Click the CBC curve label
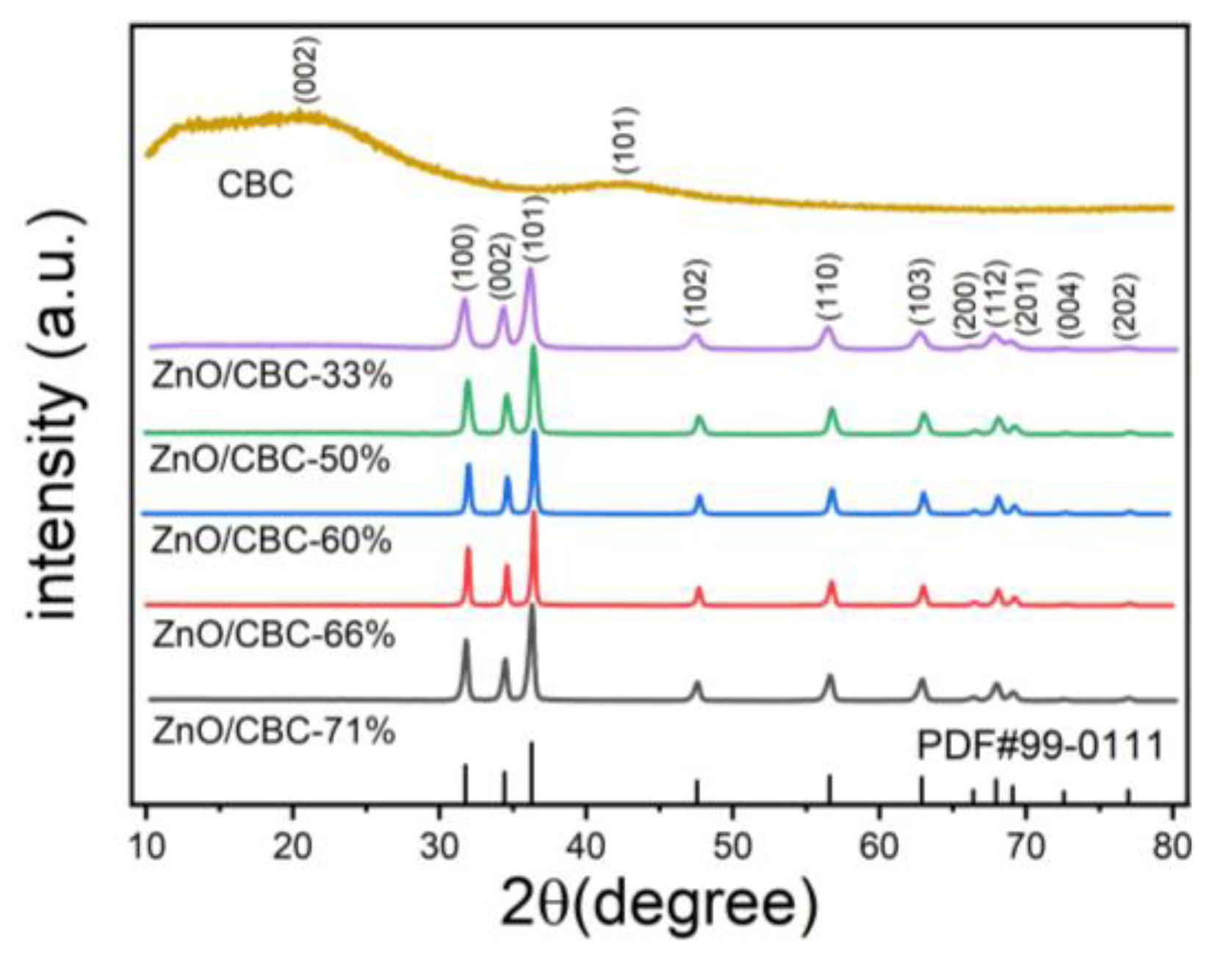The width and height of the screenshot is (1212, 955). (256, 184)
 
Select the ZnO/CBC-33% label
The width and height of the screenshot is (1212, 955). (272, 376)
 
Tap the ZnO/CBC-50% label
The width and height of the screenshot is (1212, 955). (270, 461)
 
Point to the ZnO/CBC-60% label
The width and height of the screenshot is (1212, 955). (270, 542)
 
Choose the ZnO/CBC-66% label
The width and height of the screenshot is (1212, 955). (273, 634)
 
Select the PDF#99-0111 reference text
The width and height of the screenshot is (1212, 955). (1040, 747)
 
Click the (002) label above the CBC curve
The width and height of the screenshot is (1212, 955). (306, 71)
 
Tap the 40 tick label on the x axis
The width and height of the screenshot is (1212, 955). (585, 847)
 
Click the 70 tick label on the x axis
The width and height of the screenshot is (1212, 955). (1025, 847)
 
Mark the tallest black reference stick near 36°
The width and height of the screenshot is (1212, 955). (531, 772)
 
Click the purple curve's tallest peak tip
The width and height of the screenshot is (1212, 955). (530, 271)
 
